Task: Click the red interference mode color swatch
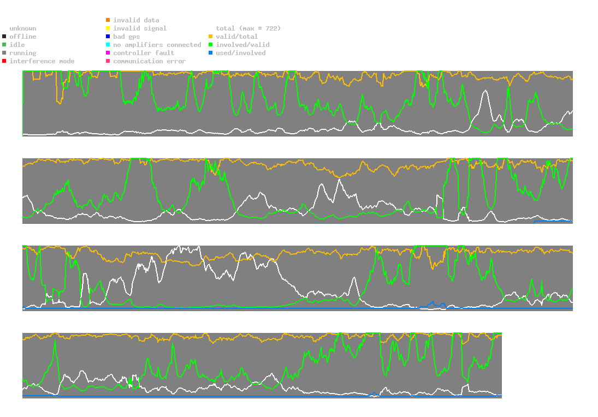[4, 61]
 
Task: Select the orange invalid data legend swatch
[108, 20]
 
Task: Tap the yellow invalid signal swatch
[108, 28]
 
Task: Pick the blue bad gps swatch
[108, 37]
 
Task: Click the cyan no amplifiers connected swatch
[108, 45]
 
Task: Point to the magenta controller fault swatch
[108, 53]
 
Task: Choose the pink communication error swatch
[108, 61]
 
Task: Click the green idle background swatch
[4, 45]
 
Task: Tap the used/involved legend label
[241, 53]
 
